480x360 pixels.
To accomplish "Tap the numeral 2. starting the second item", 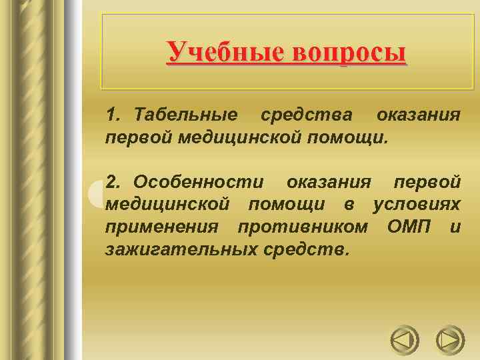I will (x=113, y=181).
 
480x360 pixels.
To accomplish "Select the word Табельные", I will (x=185, y=115).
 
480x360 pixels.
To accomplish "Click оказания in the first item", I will (x=418, y=115).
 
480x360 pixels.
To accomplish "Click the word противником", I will (x=303, y=227).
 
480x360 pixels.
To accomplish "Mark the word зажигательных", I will (x=174, y=250).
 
